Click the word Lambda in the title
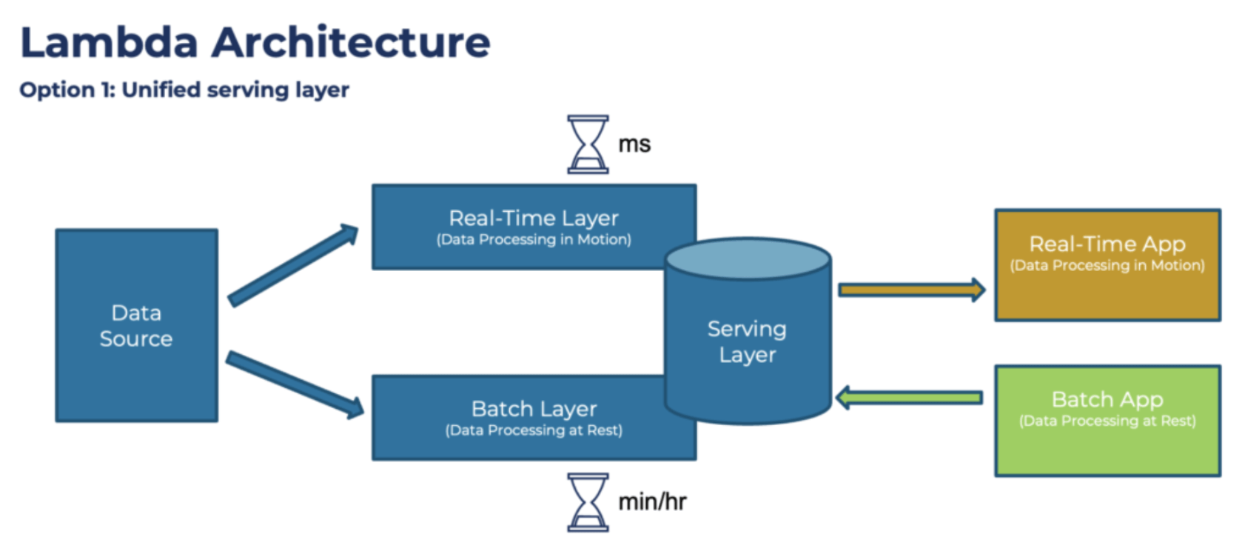108,42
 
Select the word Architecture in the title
351,42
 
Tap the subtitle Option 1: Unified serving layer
184,90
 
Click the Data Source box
136,326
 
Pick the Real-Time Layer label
533,218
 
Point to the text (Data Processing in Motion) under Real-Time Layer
533,240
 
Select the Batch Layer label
533,409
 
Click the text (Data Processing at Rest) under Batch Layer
533,430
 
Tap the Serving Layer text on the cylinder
747,341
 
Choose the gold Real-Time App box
1107,264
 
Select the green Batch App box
1107,420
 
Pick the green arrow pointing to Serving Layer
910,398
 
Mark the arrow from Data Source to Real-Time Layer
292,265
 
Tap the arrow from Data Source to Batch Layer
294,384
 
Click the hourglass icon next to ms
588,144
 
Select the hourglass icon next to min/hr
588,502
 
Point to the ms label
634,144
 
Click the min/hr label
652,502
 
